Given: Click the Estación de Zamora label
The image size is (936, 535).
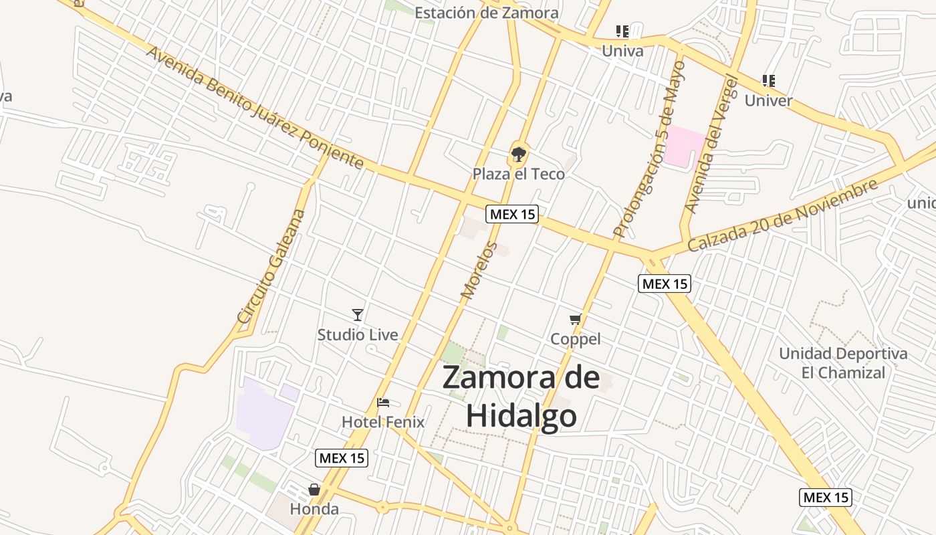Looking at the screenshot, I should [x=486, y=13].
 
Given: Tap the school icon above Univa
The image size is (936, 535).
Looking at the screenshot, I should [x=622, y=31].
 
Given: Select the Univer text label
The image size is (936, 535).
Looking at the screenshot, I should [x=768, y=101].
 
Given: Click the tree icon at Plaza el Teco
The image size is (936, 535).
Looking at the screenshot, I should [x=518, y=154].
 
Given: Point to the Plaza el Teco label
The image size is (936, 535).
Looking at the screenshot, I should [x=519, y=174].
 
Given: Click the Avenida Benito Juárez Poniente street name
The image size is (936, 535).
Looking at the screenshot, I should [x=255, y=108].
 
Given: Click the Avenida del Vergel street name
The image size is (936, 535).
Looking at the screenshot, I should [x=711, y=144].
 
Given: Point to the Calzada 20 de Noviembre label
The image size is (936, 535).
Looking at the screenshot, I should [x=783, y=215].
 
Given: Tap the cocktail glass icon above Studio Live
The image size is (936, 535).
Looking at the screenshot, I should [x=358, y=314].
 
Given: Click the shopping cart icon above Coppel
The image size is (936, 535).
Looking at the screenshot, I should [x=576, y=319].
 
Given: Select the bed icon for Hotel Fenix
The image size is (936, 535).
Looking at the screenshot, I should [x=383, y=403].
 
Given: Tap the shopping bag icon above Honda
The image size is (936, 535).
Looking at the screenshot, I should [x=314, y=490].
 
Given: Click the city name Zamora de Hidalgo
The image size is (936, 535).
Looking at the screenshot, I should [x=521, y=396].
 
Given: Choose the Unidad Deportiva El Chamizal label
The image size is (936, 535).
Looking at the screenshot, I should [x=843, y=362].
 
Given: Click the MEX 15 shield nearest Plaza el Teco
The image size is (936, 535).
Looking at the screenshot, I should [x=512, y=214].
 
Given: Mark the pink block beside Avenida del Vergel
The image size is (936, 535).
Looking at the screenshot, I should [x=684, y=145].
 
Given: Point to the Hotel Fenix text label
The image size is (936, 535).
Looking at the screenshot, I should [x=383, y=422].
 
